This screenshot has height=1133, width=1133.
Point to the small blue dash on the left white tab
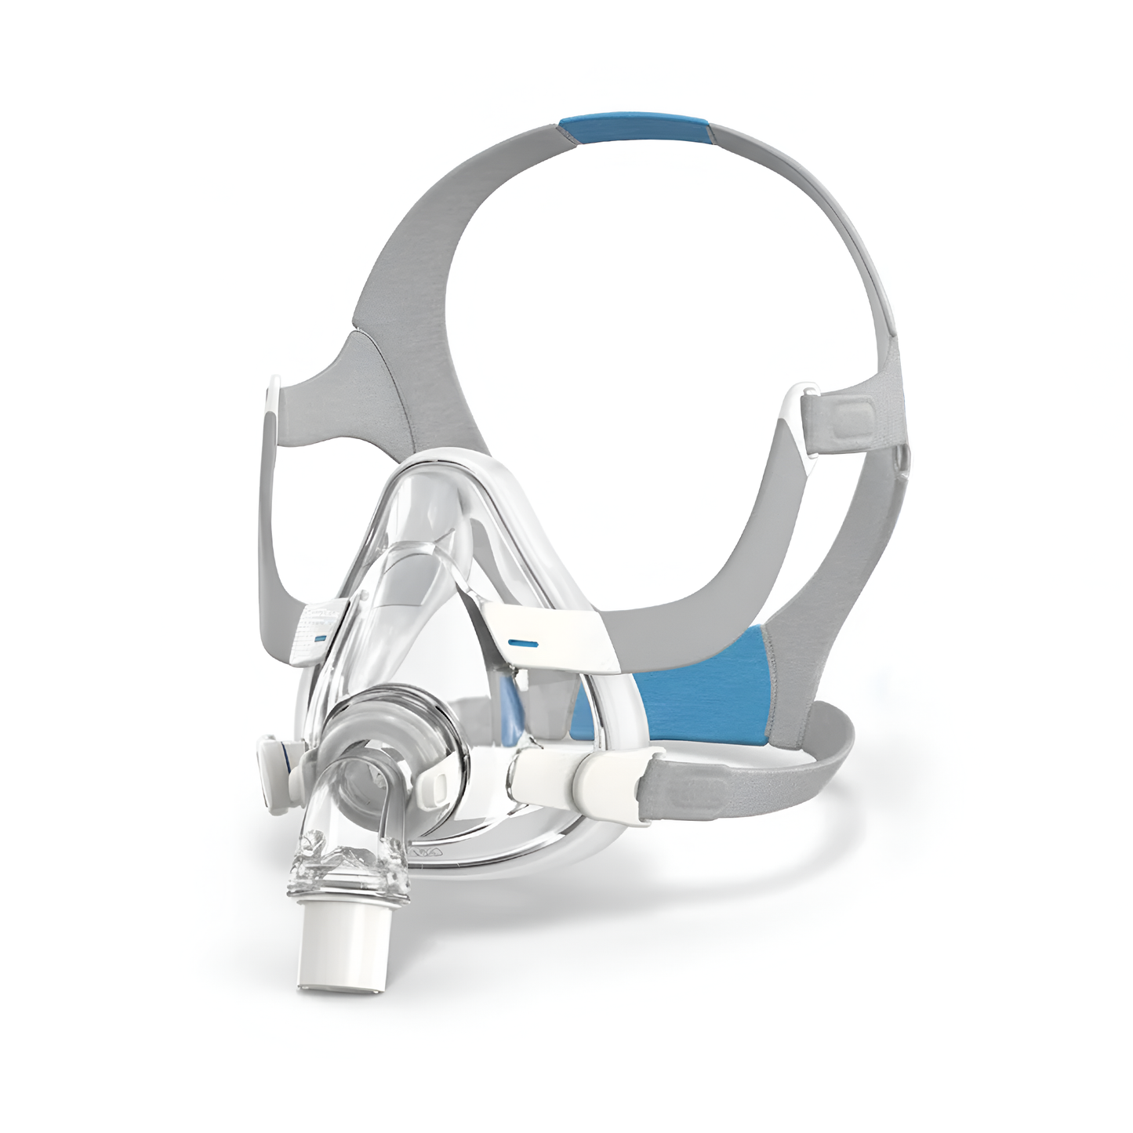318,640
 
